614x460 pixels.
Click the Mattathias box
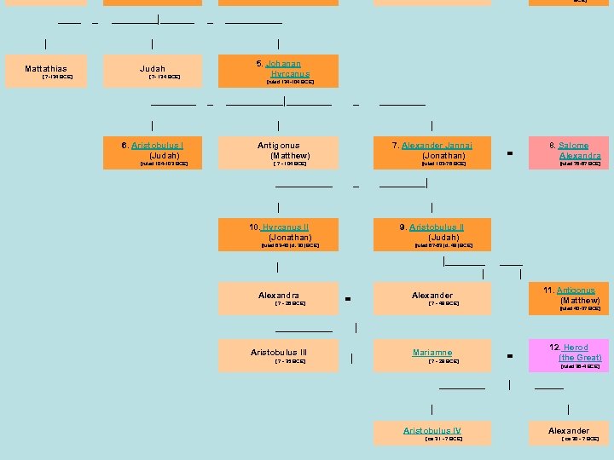click(x=46, y=72)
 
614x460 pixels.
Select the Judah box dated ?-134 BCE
click(x=153, y=72)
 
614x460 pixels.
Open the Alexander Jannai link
click(x=437, y=146)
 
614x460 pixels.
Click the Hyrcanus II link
click(x=285, y=227)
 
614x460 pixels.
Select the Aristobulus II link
click(x=436, y=227)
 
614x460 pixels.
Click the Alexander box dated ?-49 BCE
click(x=432, y=297)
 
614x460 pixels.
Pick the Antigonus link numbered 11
click(x=576, y=290)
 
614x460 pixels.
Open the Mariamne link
click(x=432, y=352)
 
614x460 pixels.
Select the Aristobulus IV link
click(x=432, y=431)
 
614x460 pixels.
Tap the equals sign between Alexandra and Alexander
click(x=348, y=298)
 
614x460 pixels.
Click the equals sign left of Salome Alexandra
click(x=509, y=153)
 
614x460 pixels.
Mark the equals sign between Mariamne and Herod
click(x=509, y=355)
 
